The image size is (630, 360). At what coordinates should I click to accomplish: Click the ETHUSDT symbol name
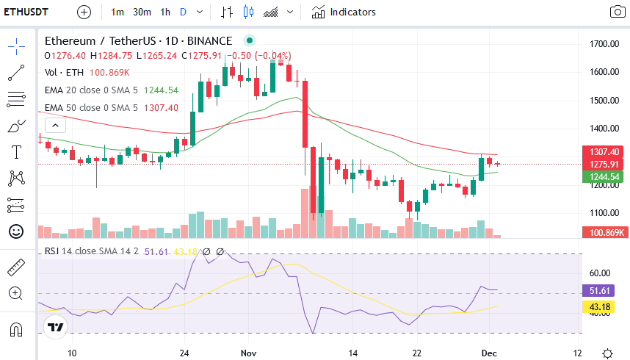(26, 12)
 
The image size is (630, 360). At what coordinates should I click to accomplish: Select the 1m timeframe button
(117, 12)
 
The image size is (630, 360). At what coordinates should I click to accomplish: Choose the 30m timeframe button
(142, 12)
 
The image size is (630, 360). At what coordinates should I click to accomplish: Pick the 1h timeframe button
(165, 12)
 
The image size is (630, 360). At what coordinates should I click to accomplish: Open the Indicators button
(344, 12)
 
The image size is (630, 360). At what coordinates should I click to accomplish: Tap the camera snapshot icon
(617, 12)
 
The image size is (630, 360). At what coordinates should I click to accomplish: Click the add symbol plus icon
(84, 12)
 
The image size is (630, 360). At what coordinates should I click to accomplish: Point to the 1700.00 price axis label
(604, 44)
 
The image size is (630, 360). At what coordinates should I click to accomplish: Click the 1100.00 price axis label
(604, 213)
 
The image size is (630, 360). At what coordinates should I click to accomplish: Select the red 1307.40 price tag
(604, 151)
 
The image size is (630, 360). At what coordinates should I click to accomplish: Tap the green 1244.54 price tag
(604, 176)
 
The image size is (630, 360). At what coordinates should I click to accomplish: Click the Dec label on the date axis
(490, 353)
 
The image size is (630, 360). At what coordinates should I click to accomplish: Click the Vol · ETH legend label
(64, 72)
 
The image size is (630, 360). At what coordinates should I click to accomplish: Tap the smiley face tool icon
(15, 231)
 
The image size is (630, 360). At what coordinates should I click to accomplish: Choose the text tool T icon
(15, 152)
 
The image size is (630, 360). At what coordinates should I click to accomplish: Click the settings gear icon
(607, 353)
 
